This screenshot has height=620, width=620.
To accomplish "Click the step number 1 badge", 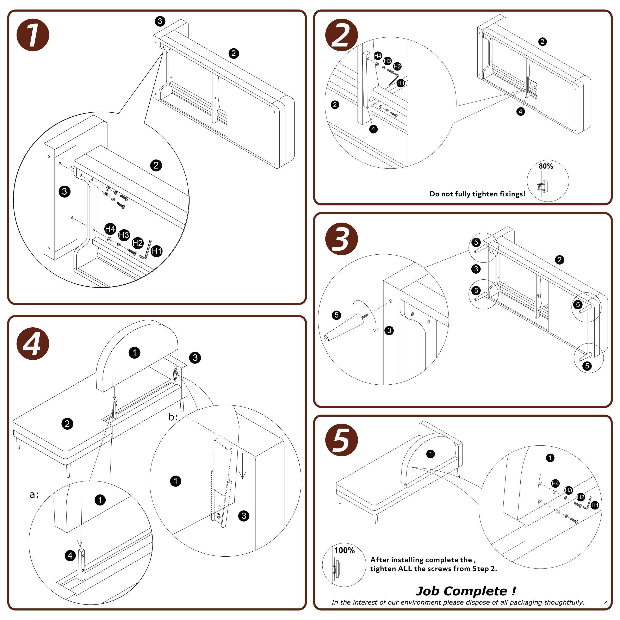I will click(33, 35).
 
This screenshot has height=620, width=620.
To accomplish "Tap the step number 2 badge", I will click(341, 35).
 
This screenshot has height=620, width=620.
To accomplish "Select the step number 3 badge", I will click(341, 239).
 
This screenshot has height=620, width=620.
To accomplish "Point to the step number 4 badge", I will click(33, 344).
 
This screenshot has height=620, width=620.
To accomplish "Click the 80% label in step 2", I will click(546, 166).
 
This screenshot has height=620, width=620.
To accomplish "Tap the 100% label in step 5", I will click(344, 550).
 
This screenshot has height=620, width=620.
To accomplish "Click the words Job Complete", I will click(462, 591).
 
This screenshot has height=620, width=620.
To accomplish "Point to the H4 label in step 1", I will click(110, 229).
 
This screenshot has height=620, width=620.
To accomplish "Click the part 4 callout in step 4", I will click(70, 556).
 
